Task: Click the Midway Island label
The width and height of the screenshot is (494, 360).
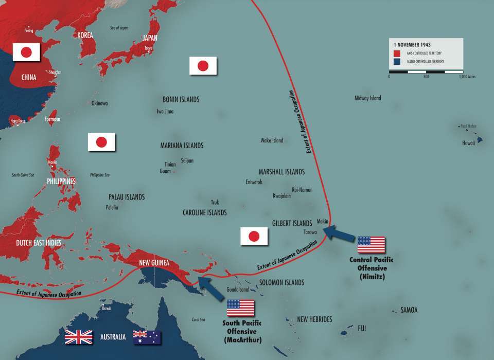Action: [x=368, y=98]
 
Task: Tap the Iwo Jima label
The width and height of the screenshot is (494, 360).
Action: [x=165, y=111]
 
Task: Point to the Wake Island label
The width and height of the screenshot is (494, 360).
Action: [x=272, y=140]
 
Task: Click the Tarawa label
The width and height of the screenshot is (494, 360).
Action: [x=310, y=232]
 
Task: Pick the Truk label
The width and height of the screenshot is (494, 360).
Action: [x=215, y=203]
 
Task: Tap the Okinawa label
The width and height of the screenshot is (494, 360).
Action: [x=100, y=103]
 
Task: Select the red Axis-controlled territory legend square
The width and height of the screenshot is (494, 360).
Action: [x=397, y=53]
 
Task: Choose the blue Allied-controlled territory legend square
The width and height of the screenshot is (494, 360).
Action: [x=397, y=61]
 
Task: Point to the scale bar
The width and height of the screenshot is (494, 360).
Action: [x=426, y=71]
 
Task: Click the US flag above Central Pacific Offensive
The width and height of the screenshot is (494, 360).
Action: [x=371, y=245]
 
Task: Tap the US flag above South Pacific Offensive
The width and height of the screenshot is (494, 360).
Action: [x=241, y=308]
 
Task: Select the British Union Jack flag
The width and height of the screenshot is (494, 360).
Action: [x=79, y=337]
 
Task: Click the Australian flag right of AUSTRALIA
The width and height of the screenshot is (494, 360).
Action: [x=147, y=337]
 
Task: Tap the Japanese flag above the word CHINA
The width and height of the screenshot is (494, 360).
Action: [x=26, y=51]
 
